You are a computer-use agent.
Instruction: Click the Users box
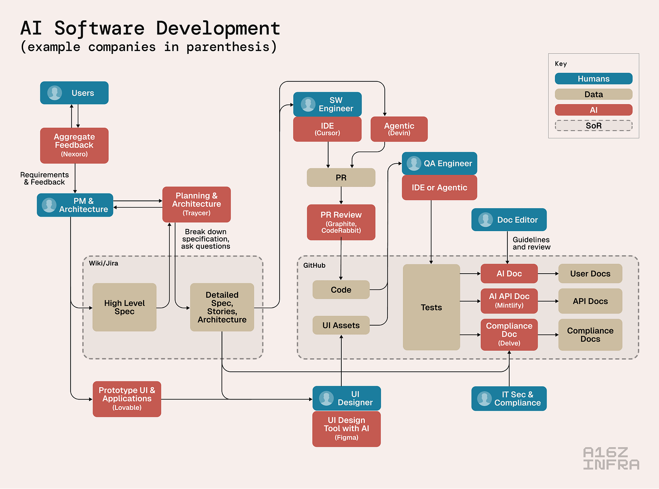(74, 93)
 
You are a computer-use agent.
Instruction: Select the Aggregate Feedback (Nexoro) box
(74, 145)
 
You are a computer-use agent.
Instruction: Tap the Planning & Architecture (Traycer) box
(196, 204)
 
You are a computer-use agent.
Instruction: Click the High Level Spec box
(124, 307)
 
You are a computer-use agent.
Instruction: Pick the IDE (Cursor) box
(327, 129)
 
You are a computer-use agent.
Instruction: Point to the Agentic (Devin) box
(399, 129)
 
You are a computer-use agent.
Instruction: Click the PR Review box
(341, 222)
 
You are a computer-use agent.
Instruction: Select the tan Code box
(341, 290)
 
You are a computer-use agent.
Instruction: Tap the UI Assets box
(341, 325)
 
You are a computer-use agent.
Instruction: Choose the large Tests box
(431, 307)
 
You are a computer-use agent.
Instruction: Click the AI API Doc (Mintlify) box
(509, 301)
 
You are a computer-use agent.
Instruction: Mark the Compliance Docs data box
(590, 335)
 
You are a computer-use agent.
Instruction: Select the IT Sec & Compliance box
(509, 399)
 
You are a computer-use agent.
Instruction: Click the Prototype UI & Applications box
(127, 399)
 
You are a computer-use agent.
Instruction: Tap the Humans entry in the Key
(593, 79)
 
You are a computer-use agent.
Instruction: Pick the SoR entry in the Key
(593, 125)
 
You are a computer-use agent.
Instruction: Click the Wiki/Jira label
(104, 263)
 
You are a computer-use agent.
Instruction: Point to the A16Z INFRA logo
(611, 458)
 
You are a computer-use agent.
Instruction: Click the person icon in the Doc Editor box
(486, 220)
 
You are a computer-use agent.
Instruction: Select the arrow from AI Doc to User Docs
(548, 274)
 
